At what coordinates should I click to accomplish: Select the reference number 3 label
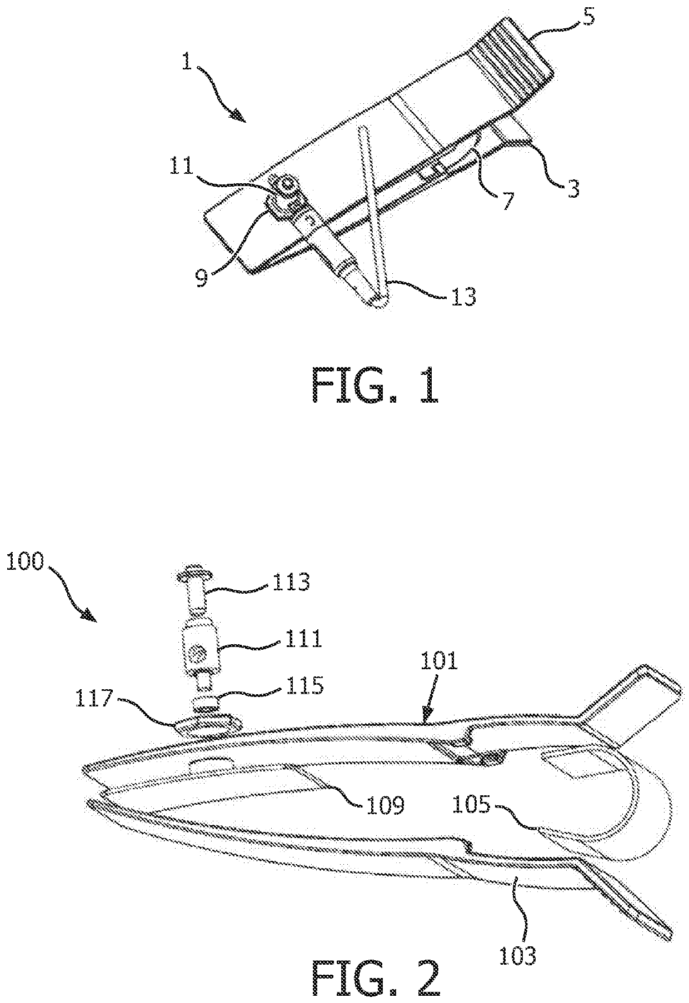pos(573,188)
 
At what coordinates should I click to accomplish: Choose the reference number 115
pos(304,685)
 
